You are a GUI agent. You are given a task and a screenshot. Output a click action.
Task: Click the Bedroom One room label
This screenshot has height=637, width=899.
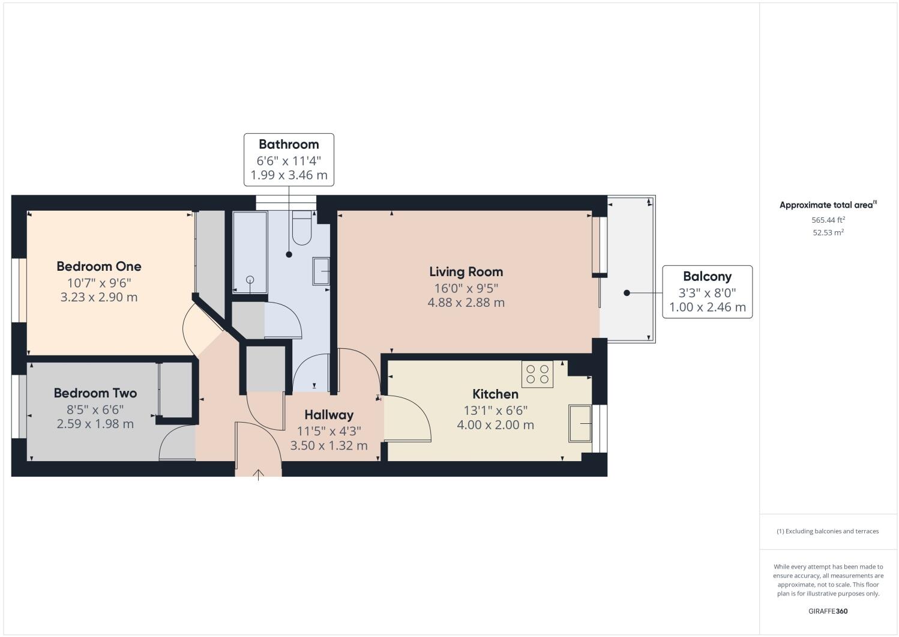[x=99, y=267]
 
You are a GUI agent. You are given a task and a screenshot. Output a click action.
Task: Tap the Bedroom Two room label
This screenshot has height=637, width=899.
[x=95, y=393]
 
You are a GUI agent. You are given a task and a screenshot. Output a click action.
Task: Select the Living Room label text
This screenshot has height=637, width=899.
[x=466, y=272]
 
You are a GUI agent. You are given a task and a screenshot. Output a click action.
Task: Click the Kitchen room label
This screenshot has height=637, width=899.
[x=495, y=394]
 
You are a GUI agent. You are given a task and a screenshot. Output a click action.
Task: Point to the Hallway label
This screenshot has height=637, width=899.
[x=328, y=415]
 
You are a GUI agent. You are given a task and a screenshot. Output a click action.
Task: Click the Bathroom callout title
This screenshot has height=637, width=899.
[x=289, y=145]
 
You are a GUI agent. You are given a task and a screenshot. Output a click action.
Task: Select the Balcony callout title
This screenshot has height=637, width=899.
[x=707, y=277]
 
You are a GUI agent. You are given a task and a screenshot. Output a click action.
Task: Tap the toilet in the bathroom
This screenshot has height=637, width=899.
[x=301, y=228]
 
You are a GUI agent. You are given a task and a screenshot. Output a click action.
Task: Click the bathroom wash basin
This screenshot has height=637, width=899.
[x=321, y=272]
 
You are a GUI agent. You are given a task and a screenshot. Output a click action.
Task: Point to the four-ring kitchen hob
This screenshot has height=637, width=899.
[x=537, y=374]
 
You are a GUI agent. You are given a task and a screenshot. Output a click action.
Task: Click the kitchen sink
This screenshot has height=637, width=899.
[x=580, y=423]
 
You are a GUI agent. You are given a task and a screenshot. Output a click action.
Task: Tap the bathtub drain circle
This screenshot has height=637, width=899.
[x=250, y=280]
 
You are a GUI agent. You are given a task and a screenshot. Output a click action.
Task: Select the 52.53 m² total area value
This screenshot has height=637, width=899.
[x=828, y=233]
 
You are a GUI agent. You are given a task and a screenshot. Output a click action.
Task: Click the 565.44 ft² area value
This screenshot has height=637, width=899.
[x=828, y=220]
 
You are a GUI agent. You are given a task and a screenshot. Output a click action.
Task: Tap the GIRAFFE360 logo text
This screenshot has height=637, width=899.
[x=828, y=611]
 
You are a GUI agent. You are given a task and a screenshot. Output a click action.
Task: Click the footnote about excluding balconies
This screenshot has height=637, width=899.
[x=828, y=531]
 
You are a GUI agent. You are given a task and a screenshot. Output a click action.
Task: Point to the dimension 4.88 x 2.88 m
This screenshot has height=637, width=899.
[x=466, y=303]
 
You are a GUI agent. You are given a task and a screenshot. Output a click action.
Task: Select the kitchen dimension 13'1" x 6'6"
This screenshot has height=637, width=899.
[x=495, y=411]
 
